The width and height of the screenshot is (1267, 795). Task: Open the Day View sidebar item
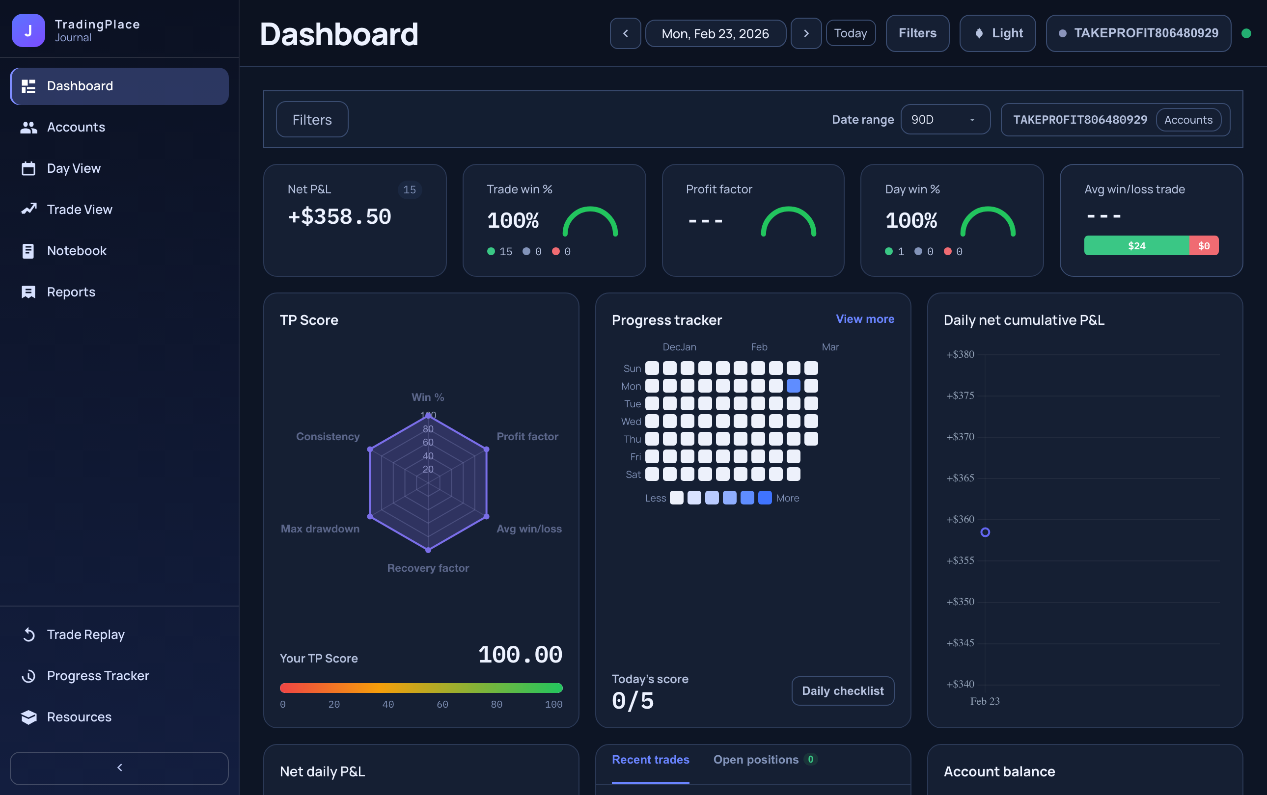[73, 168]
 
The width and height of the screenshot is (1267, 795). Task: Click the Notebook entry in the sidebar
[76, 251]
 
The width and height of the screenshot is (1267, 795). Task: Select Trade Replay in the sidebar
[85, 635]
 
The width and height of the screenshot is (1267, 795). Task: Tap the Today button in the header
[850, 33]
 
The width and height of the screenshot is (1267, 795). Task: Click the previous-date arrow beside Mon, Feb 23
[625, 33]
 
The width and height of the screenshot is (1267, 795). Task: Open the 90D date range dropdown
[945, 119]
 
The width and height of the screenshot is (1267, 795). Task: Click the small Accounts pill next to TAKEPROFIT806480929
[1187, 120]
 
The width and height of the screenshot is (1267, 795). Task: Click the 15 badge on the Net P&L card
[410, 189]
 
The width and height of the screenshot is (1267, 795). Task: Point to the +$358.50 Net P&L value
[339, 216]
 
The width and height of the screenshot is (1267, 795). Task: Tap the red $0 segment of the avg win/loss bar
[1203, 245]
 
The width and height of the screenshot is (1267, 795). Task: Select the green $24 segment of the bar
[1136, 245]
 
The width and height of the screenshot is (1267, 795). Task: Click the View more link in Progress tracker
[864, 318]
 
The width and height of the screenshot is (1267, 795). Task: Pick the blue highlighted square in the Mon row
[793, 386]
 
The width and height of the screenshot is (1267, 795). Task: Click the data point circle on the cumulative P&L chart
[985, 532]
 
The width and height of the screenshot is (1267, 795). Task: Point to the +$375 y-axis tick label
[960, 396]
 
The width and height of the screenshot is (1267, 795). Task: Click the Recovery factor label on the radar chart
[428, 568]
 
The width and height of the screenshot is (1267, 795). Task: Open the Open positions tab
[756, 759]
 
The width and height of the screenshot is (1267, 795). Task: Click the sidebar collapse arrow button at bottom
[119, 768]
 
